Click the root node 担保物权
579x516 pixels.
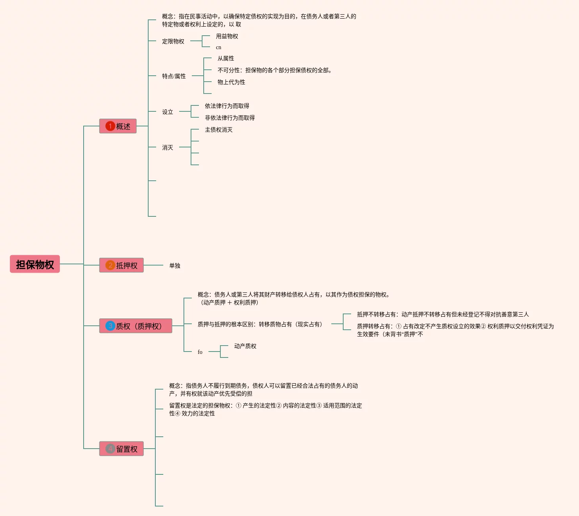pos(35,264)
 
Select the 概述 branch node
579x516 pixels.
pos(118,126)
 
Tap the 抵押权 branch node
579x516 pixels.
pos(121,265)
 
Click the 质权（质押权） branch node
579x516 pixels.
pos(136,326)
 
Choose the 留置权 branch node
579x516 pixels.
pos(121,449)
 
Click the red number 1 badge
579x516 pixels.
pos(110,126)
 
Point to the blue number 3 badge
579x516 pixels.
pos(110,326)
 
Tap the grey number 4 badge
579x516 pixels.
pos(110,449)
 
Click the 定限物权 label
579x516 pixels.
pos(173,41)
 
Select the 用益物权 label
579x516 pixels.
pos(227,36)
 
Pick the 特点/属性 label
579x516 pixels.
pos(174,76)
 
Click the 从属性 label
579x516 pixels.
pos(226,58)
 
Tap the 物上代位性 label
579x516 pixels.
pos(231,82)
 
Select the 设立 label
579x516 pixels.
pos(168,112)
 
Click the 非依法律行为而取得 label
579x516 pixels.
pos(230,118)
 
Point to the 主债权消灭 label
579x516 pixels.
pos(219,130)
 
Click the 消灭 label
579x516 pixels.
pos(168,147)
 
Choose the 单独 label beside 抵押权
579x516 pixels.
pos(175,266)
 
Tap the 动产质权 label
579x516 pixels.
pos(245,346)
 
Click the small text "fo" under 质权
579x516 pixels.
pos(200,352)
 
